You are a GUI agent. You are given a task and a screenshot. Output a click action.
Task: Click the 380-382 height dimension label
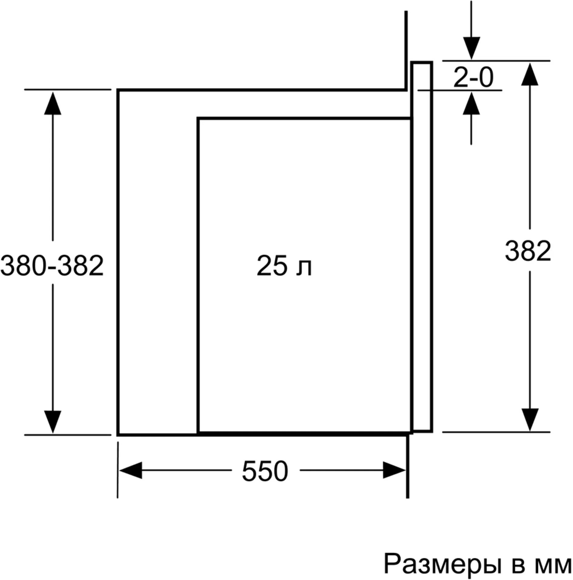coord(52,265)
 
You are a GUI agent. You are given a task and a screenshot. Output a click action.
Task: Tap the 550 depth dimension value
coord(265,471)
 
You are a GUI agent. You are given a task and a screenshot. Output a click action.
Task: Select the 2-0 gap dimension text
coord(474,77)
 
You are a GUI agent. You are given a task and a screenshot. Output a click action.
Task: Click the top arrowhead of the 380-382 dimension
coord(53,103)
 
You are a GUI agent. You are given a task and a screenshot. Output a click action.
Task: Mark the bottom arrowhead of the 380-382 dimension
coord(53,422)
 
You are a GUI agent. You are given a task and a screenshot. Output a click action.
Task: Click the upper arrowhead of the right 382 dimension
coord(530,74)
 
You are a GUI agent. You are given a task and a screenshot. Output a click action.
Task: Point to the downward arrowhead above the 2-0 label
coord(471,48)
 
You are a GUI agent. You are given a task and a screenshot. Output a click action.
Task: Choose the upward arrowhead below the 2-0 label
coord(471,103)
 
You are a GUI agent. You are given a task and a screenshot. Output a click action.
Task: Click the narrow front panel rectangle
coord(422,246)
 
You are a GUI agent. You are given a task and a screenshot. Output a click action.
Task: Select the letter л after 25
coord(305,268)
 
